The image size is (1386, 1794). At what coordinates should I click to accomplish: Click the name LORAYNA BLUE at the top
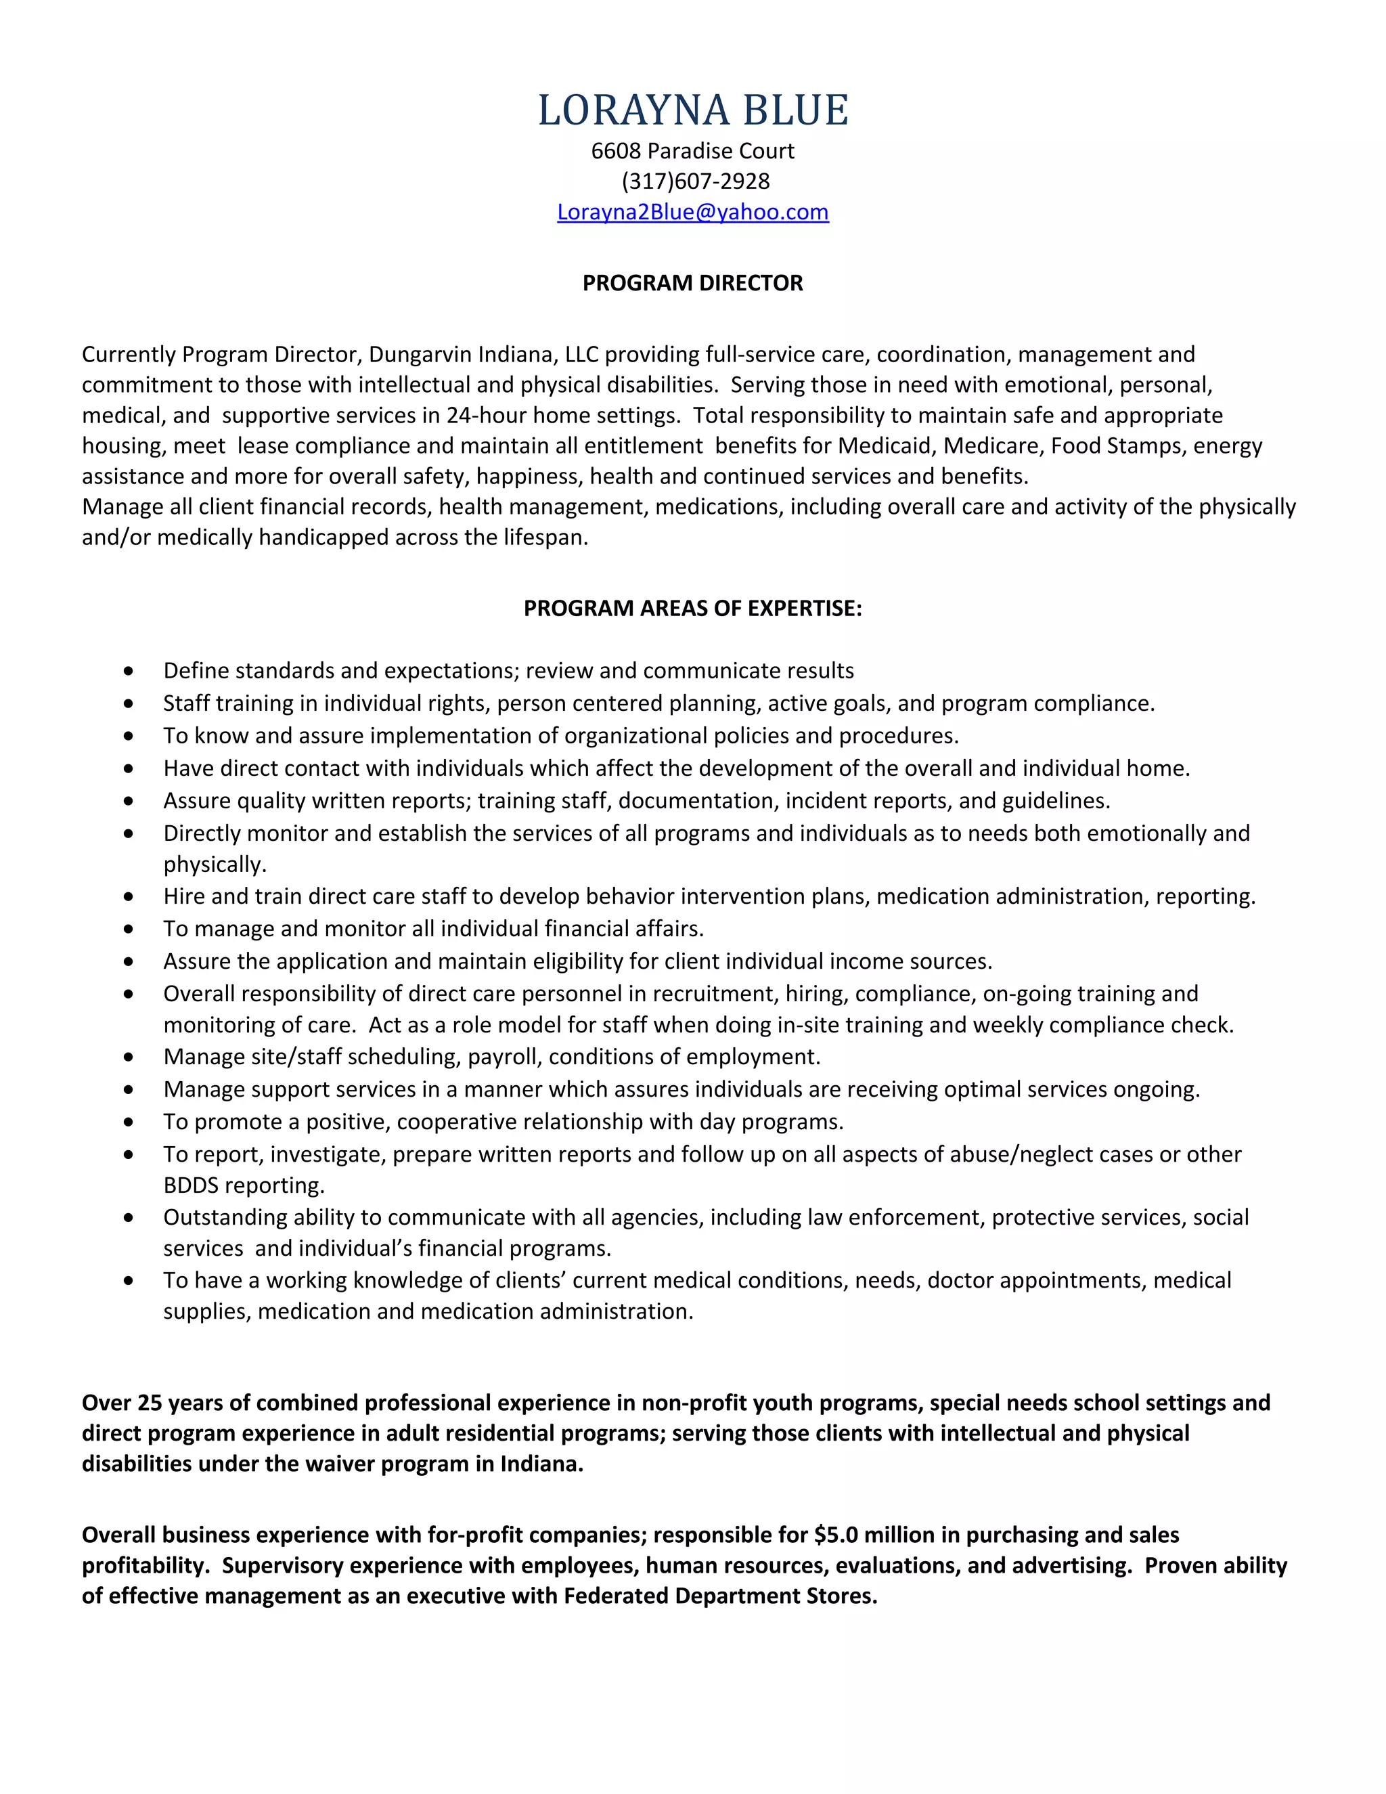pyautogui.click(x=692, y=110)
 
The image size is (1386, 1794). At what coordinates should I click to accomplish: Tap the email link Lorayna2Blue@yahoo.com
pyautogui.click(x=692, y=212)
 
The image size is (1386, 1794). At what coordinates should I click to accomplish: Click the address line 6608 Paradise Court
pyautogui.click(x=692, y=151)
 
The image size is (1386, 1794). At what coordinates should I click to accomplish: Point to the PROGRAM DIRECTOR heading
pyautogui.click(x=692, y=284)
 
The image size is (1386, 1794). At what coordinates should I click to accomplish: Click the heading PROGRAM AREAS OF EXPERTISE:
pyautogui.click(x=692, y=609)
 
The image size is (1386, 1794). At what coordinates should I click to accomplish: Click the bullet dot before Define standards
pyautogui.click(x=128, y=671)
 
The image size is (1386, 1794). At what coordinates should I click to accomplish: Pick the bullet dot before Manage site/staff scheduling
pyautogui.click(x=128, y=1057)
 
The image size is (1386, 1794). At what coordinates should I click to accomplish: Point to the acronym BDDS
pyautogui.click(x=190, y=1185)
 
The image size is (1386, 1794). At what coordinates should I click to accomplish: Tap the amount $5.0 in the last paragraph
pyautogui.click(x=835, y=1535)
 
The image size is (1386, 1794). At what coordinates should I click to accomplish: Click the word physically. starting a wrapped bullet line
pyautogui.click(x=215, y=865)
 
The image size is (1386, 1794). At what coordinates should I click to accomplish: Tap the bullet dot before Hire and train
pyautogui.click(x=128, y=897)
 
